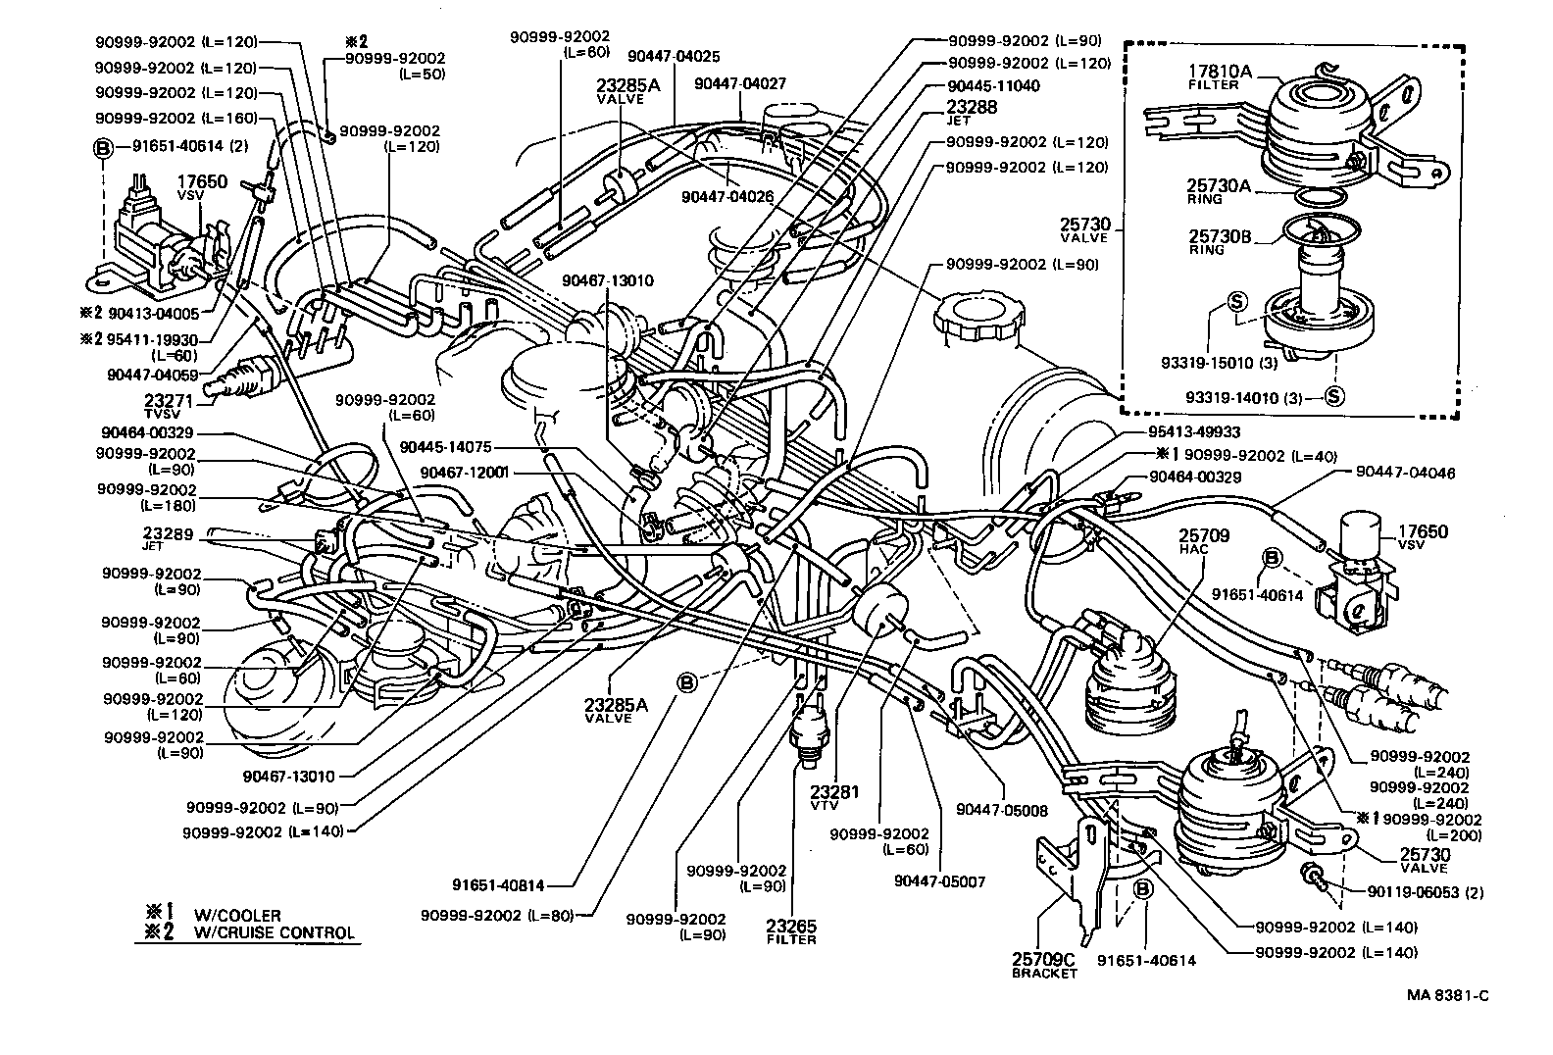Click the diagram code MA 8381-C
point(1448,995)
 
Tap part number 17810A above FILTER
point(1220,72)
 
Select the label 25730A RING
point(1220,188)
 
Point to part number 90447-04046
point(1406,473)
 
